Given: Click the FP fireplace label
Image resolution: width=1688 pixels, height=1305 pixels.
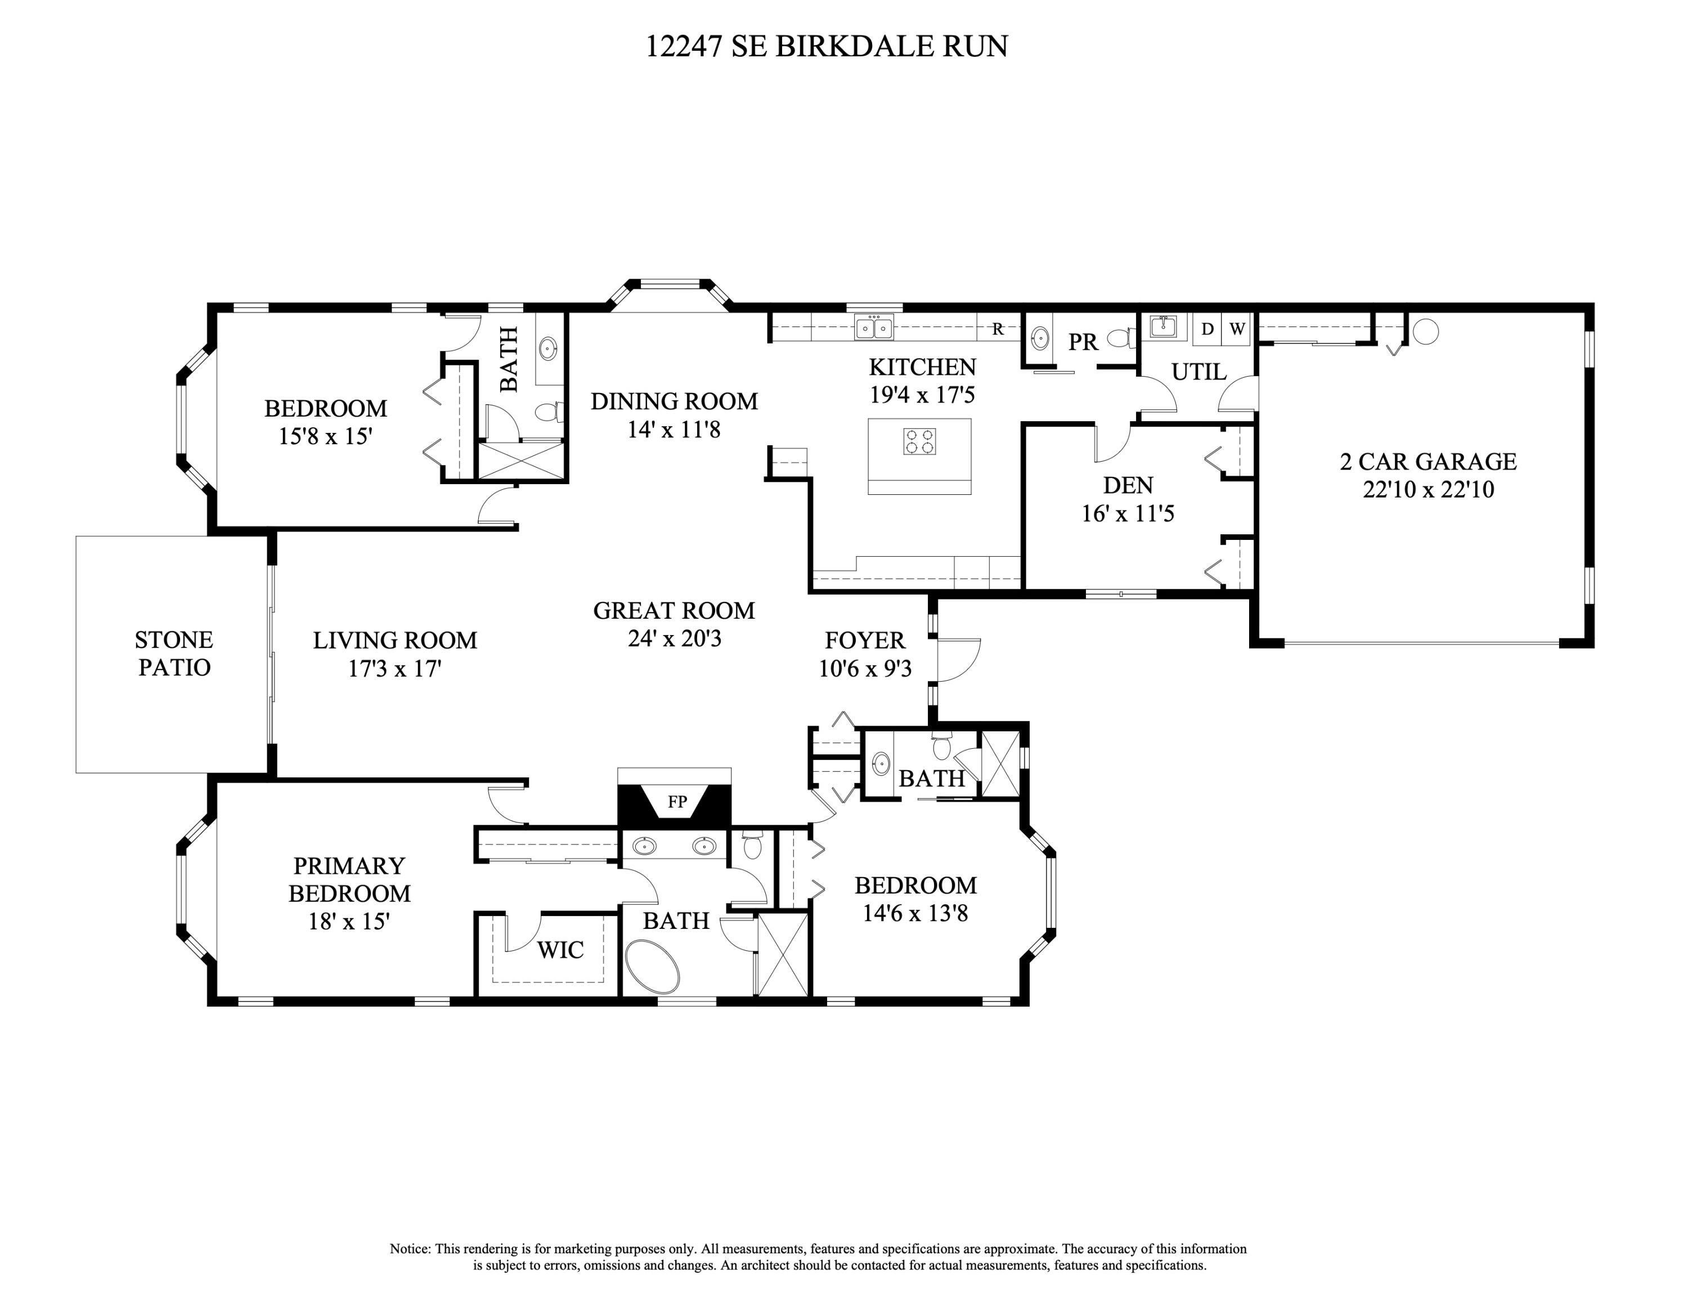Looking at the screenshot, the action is tap(677, 802).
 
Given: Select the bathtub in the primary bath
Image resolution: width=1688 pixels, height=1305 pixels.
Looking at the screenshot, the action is tap(652, 967).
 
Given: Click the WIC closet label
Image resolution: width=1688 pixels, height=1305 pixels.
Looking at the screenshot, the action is tap(560, 949).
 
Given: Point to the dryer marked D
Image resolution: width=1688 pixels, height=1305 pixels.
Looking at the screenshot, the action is tap(1207, 329).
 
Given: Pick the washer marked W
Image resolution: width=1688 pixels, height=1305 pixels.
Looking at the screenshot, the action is tap(1237, 329).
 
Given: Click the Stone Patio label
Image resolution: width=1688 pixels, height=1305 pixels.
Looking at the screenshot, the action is tap(174, 653).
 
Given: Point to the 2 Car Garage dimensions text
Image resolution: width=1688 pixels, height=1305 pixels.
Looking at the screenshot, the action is tap(1428, 489).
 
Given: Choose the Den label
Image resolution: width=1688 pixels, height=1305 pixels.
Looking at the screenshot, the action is tap(1128, 485).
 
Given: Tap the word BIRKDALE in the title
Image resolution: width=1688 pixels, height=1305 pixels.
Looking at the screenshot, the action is tap(854, 46).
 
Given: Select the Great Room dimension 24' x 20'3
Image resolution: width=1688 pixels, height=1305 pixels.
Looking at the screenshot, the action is tap(674, 638).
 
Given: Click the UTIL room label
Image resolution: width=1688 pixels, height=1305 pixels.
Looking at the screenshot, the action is tap(1198, 372).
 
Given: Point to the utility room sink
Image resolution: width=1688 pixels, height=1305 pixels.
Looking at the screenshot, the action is tap(1163, 327).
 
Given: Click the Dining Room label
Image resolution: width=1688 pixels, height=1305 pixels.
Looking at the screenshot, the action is tap(674, 401).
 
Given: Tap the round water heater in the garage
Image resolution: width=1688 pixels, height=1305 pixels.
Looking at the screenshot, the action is tap(1425, 332).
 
